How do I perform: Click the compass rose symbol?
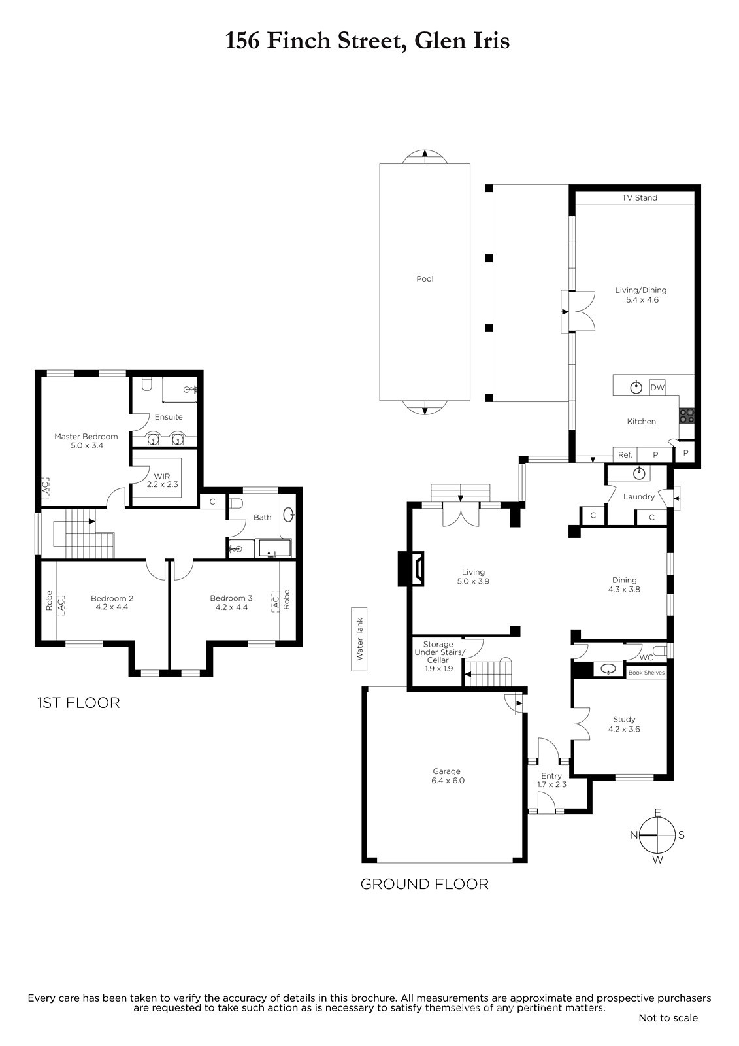click(x=657, y=835)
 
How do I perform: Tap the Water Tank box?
click(x=359, y=639)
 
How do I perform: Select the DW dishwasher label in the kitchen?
click(x=657, y=387)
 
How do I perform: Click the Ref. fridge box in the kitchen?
click(x=625, y=454)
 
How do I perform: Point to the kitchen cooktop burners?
click(x=686, y=416)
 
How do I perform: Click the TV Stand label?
click(x=639, y=197)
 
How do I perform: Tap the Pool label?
click(x=425, y=278)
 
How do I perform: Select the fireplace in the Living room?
click(x=411, y=569)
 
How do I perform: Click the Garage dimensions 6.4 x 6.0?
click(x=448, y=781)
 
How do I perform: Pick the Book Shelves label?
click(x=646, y=673)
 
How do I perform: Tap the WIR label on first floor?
click(x=162, y=477)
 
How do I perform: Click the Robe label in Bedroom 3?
click(x=286, y=599)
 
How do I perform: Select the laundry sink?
click(x=639, y=473)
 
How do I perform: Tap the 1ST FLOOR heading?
click(x=78, y=703)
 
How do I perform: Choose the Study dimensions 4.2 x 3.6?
click(x=624, y=729)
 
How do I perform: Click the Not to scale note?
click(x=668, y=1017)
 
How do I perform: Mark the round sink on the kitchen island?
click(x=636, y=387)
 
